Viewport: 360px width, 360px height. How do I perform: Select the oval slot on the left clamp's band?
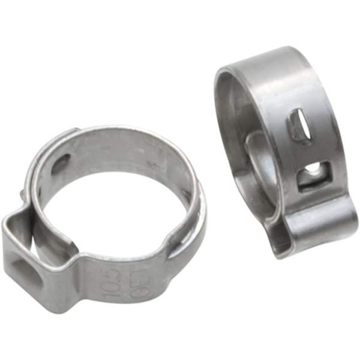click(62, 163)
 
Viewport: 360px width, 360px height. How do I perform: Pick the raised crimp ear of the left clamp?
click(36, 258)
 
